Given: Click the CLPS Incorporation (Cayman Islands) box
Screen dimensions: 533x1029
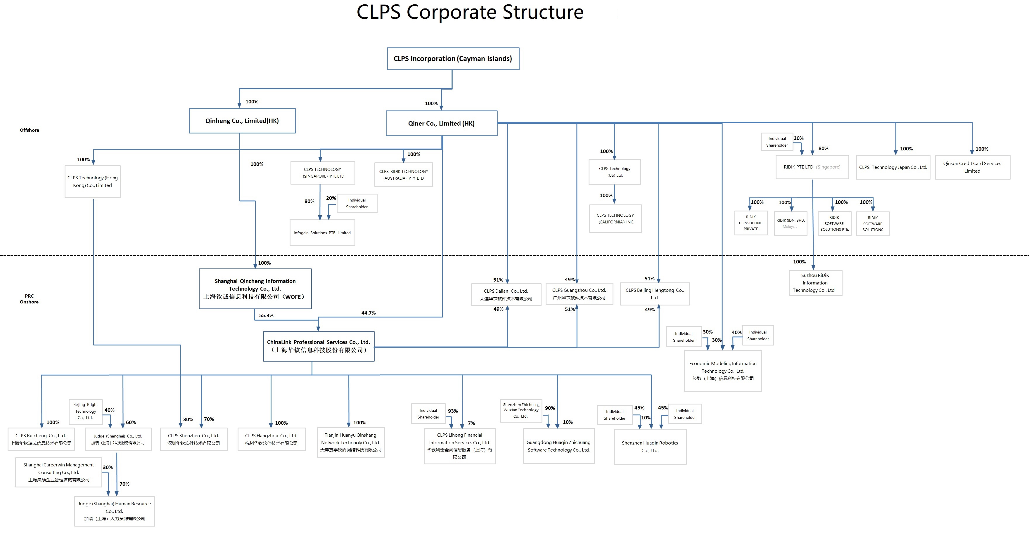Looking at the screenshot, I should (453, 59).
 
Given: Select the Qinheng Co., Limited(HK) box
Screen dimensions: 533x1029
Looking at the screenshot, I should (242, 121).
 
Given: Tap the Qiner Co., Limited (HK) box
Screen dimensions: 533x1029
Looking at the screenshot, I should (441, 123).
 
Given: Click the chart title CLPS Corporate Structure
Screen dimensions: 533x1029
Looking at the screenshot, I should (470, 12).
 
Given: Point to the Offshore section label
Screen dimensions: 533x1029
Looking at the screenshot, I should (30, 130).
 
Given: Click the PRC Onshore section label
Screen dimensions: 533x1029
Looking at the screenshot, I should (29, 299).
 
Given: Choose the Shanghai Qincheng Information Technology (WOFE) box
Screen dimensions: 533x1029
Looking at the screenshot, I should (255, 289).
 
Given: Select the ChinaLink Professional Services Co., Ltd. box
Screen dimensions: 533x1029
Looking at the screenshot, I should (318, 346).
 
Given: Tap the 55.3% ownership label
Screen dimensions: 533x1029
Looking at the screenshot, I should (266, 315).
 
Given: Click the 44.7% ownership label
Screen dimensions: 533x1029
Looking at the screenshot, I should (368, 312).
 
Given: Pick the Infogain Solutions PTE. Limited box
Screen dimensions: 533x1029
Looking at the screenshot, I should (322, 233).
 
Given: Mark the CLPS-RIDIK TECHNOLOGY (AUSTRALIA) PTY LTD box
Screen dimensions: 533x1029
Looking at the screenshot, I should (404, 174).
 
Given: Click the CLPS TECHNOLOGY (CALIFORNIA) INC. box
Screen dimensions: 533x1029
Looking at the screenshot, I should (615, 218).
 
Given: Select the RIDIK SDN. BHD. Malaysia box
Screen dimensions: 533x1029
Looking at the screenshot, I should (790, 223).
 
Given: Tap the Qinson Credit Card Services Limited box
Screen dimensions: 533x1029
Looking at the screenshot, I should (972, 167).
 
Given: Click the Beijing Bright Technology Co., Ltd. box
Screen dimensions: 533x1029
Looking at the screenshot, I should (86, 411).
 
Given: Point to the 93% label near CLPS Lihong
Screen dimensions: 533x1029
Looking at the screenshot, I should (453, 411).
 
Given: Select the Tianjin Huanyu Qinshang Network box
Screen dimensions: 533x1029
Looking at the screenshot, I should (350, 442).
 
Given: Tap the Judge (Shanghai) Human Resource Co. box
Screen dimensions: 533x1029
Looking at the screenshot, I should (114, 511).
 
